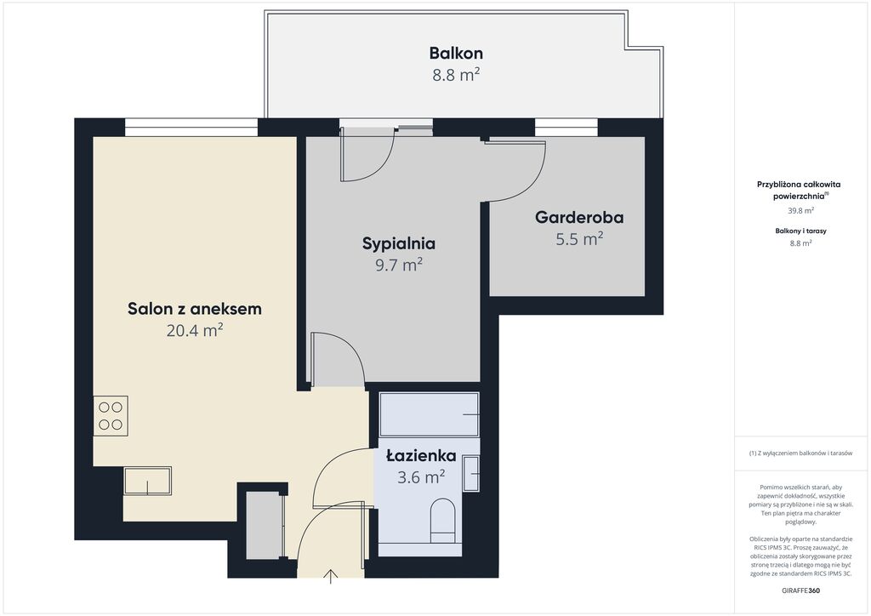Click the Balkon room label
pyautogui.click(x=456, y=54)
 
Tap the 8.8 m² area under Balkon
pyautogui.click(x=456, y=75)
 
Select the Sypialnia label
pyautogui.click(x=399, y=243)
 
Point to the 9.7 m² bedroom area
pyautogui.click(x=399, y=265)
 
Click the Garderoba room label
pyautogui.click(x=579, y=217)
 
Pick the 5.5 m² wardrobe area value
pyautogui.click(x=579, y=239)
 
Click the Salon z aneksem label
pyautogui.click(x=195, y=309)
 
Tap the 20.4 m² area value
pyautogui.click(x=195, y=331)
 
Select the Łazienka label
pyautogui.click(x=421, y=455)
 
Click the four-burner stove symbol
pyautogui.click(x=111, y=416)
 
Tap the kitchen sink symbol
pyautogui.click(x=147, y=481)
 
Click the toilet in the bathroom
pyautogui.click(x=442, y=520)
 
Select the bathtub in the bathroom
pyautogui.click(x=429, y=414)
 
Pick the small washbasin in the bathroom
pyautogui.click(x=471, y=473)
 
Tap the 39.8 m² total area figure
pyautogui.click(x=800, y=210)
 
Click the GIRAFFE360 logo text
pyautogui.click(x=800, y=590)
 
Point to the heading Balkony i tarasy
pyautogui.click(x=800, y=231)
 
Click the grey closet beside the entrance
pyautogui.click(x=265, y=526)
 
